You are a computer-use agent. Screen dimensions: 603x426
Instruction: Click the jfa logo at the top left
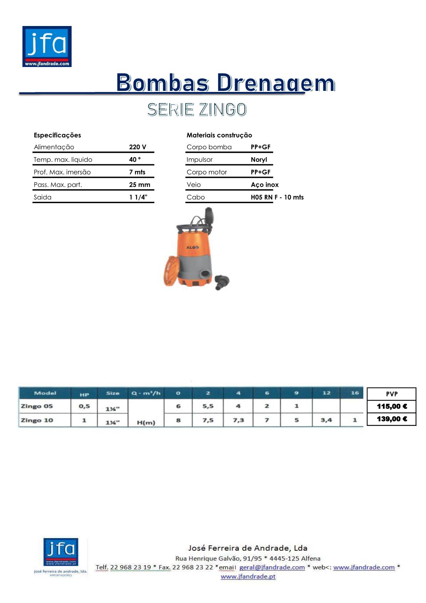(x=47, y=46)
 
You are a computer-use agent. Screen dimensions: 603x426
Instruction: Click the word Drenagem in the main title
(x=276, y=83)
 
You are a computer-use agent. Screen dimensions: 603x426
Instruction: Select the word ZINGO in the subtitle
(x=223, y=109)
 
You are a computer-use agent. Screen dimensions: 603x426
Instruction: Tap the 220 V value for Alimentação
(x=137, y=147)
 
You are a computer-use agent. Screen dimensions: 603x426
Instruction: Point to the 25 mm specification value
(x=139, y=185)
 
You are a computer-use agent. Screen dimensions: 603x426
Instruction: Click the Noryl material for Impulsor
(x=259, y=160)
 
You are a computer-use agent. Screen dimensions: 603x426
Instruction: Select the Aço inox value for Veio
(x=265, y=185)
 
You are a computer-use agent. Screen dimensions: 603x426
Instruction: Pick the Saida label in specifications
(x=42, y=197)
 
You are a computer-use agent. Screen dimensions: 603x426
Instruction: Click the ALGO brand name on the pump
(x=192, y=247)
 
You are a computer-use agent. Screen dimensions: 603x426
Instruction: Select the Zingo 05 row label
(x=37, y=406)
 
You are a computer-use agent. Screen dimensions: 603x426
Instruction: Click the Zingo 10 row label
(x=37, y=420)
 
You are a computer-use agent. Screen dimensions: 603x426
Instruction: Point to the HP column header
(x=84, y=394)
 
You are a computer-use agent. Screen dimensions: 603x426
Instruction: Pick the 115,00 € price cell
(x=391, y=406)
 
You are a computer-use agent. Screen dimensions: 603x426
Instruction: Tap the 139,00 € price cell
(x=391, y=419)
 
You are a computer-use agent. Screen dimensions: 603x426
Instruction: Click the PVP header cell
(x=391, y=394)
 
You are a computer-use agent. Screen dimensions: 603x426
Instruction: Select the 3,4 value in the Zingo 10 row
(x=326, y=420)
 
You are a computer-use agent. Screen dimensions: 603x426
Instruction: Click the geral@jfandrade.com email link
(x=272, y=567)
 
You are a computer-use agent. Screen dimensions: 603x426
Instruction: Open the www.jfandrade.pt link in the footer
(x=248, y=576)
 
